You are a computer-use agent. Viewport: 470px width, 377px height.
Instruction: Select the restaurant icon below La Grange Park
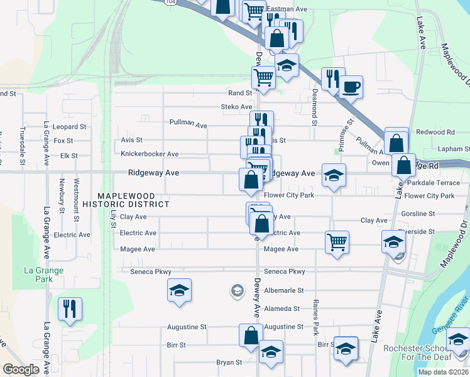point(69,309)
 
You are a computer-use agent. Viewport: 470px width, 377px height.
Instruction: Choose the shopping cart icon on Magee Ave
point(337,241)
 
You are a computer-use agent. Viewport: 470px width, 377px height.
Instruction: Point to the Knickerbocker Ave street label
point(150,154)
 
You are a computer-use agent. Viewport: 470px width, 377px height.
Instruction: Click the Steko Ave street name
point(236,107)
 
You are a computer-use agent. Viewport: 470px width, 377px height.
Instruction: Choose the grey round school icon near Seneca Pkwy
point(237,290)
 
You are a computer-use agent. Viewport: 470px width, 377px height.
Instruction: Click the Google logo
point(21,369)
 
